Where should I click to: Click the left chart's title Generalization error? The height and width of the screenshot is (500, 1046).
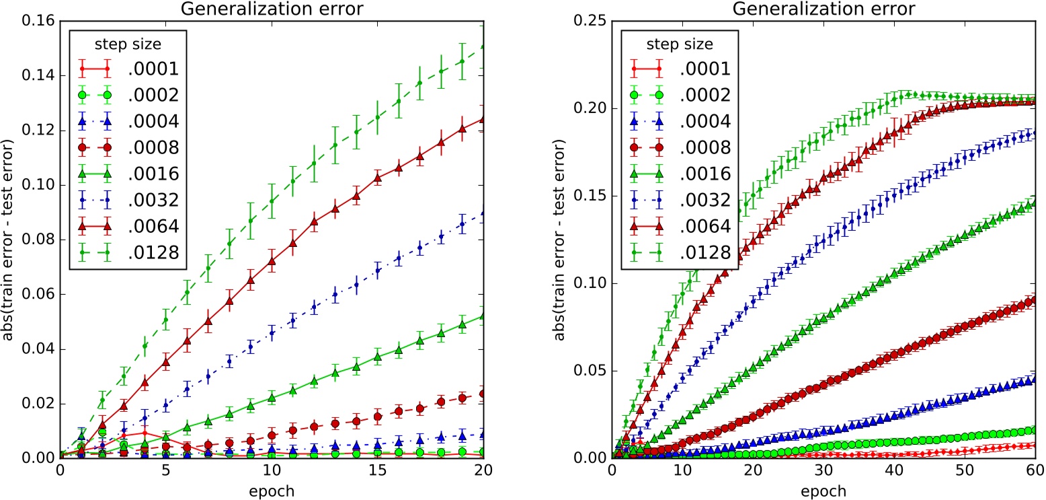(x=272, y=9)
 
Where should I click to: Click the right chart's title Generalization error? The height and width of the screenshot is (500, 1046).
(x=823, y=9)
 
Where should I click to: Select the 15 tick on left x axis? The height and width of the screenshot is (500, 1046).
(x=378, y=469)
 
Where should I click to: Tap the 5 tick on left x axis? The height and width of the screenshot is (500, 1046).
(x=166, y=469)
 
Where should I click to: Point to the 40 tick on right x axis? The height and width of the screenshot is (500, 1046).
(x=894, y=469)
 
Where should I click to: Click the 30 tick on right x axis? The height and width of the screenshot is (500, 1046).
(x=824, y=469)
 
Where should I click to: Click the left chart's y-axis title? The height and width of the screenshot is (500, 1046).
(x=9, y=240)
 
